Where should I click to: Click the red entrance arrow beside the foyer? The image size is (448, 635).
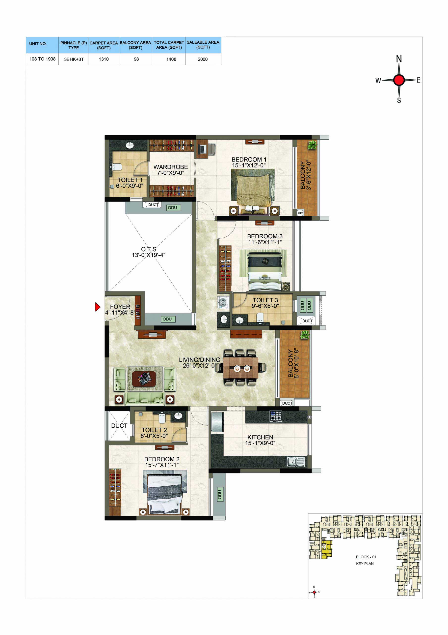pyautogui.click(x=98, y=307)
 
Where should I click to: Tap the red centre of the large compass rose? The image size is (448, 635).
pyautogui.click(x=398, y=80)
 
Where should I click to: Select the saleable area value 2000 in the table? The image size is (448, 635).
pyautogui.click(x=203, y=59)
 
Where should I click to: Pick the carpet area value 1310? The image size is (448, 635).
pyautogui.click(x=104, y=59)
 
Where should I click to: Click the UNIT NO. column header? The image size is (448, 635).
pyautogui.click(x=38, y=44)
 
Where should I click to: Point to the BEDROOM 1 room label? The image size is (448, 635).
pyautogui.click(x=249, y=159)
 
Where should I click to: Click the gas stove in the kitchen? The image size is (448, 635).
pyautogui.click(x=276, y=416)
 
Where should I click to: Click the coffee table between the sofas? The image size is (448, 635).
pyautogui.click(x=144, y=379)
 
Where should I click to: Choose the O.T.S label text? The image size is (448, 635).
pyautogui.click(x=149, y=249)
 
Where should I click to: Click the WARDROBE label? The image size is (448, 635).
pyautogui.click(x=170, y=167)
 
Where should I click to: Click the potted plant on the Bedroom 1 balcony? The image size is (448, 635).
pyautogui.click(x=312, y=145)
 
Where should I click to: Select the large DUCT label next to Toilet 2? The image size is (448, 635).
pyautogui.click(x=119, y=426)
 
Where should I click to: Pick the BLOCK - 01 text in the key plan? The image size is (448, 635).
pyautogui.click(x=366, y=557)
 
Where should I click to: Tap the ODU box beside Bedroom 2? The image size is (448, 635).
pyautogui.click(x=219, y=495)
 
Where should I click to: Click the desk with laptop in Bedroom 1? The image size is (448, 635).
pyautogui.click(x=202, y=149)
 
